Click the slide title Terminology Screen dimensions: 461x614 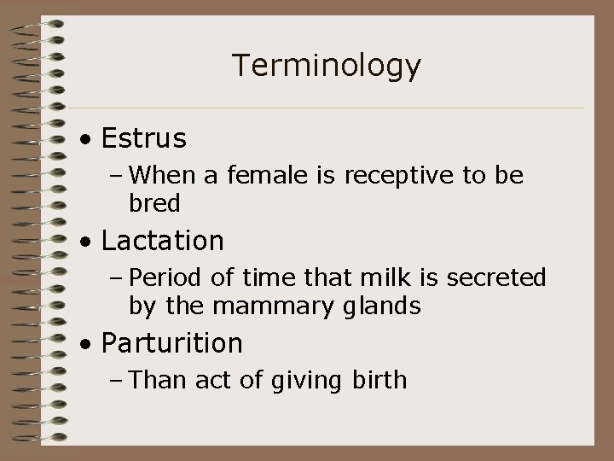[x=326, y=66]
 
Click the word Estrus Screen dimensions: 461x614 [x=143, y=137]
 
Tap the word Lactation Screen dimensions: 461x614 [x=162, y=241]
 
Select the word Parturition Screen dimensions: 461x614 [x=171, y=343]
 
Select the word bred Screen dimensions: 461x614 [x=154, y=203]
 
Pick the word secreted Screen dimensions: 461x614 [x=501, y=277]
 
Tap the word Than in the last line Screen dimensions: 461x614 [x=162, y=380]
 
